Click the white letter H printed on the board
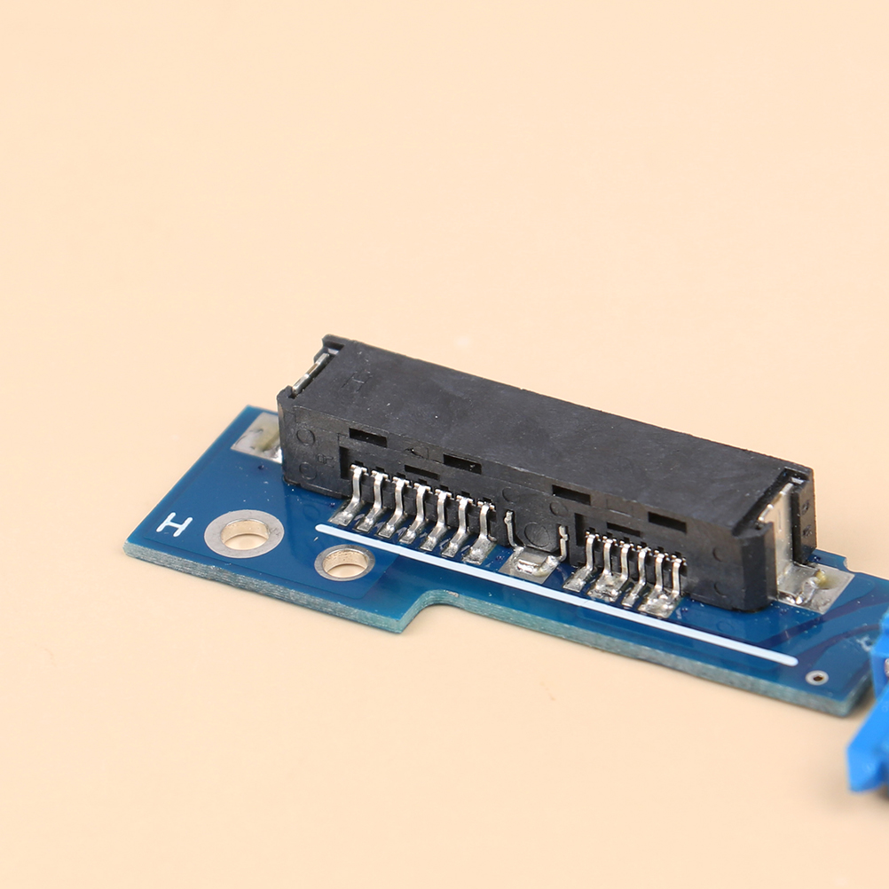[x=175, y=524]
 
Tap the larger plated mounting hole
[x=244, y=533]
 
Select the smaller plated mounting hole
[x=344, y=562]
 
